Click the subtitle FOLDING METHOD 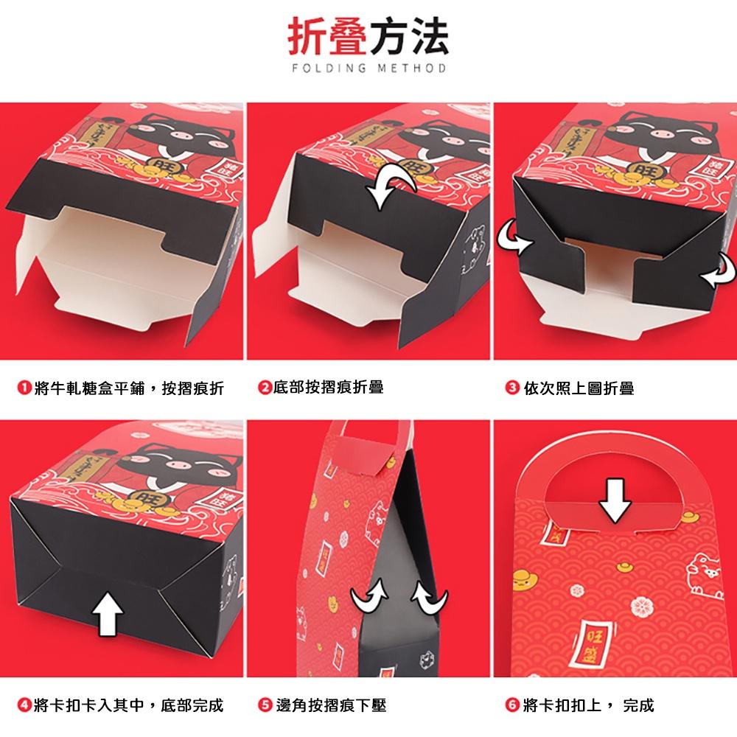click(368, 69)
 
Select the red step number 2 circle click(264, 387)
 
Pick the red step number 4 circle click(24, 705)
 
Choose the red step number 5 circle click(264, 705)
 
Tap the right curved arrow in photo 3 click(715, 273)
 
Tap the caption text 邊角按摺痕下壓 click(331, 705)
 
